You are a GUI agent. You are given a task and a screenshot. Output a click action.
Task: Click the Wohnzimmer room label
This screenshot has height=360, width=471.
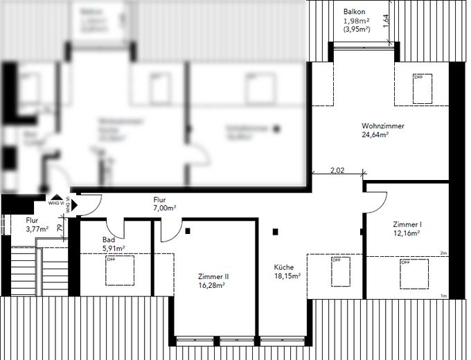[x=382, y=126]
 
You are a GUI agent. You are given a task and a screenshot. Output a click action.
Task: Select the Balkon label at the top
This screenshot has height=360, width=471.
[x=355, y=12]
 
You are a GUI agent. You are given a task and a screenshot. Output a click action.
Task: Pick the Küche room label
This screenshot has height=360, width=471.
[x=284, y=267]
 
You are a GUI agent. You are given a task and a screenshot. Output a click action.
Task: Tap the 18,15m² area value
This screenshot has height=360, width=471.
[x=287, y=276]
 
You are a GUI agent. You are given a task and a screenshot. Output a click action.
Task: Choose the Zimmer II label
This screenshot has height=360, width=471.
[x=213, y=276]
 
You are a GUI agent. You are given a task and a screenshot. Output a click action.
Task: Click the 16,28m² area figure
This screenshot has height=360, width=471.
[x=213, y=285]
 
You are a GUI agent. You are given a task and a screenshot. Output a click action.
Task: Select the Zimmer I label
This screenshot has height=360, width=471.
[x=407, y=224]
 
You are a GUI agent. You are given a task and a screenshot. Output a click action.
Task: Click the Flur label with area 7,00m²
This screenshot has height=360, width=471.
[x=160, y=199]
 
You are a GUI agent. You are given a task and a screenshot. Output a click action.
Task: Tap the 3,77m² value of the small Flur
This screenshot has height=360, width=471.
[x=37, y=228]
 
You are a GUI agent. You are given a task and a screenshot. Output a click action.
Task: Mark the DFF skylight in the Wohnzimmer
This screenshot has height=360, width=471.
[x=423, y=87]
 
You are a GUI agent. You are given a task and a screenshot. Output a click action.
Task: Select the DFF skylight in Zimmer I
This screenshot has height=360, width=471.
[x=414, y=273]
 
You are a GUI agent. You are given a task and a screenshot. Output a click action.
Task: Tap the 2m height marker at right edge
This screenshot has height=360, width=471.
[x=443, y=253]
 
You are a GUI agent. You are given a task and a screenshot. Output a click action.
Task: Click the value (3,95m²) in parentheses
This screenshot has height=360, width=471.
[x=357, y=30]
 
